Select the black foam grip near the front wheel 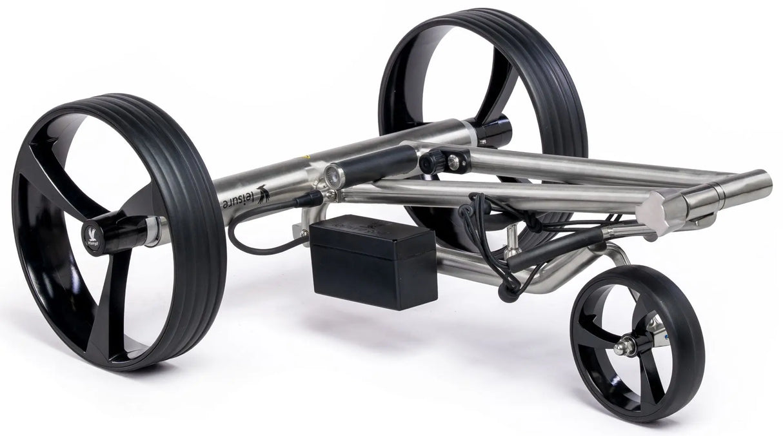click(x=555, y=248)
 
